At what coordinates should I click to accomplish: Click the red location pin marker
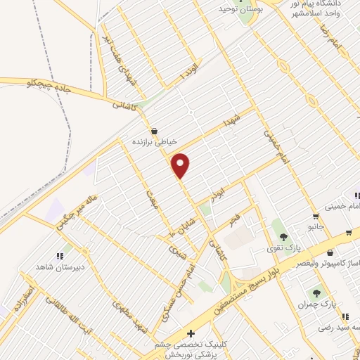[181, 166]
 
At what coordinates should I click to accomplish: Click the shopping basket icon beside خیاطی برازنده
[154, 131]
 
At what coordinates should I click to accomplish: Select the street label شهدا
[233, 116]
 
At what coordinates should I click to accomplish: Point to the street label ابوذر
[219, 191]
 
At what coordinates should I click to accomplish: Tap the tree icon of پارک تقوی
[283, 237]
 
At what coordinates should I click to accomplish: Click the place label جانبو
[314, 226]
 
